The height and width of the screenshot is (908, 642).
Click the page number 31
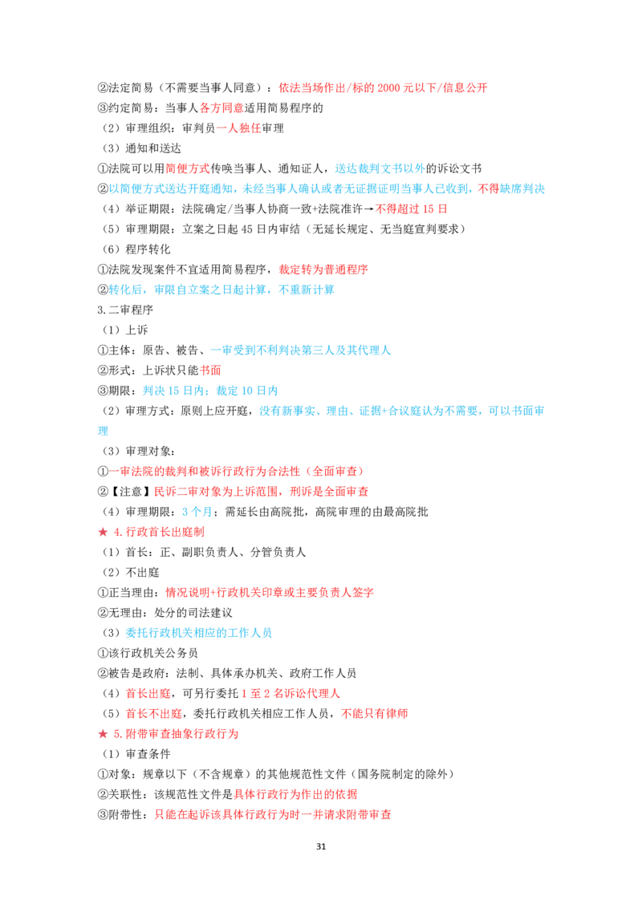click(x=321, y=846)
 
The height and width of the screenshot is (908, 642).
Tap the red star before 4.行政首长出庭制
click(x=104, y=532)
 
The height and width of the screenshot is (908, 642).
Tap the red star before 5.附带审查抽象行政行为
click(x=104, y=734)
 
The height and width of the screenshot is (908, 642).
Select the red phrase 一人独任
click(x=238, y=128)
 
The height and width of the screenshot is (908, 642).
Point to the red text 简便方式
click(x=188, y=168)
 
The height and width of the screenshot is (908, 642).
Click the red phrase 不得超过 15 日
click(x=412, y=209)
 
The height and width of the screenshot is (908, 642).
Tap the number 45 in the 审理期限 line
click(x=246, y=229)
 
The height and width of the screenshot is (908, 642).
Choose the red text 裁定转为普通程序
click(x=323, y=270)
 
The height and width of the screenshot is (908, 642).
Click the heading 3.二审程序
click(x=125, y=310)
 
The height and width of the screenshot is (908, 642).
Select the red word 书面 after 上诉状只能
click(x=210, y=370)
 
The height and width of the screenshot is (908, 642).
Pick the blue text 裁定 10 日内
click(x=247, y=391)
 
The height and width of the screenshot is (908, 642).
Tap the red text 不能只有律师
click(x=375, y=713)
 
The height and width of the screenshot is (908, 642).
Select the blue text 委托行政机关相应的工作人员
click(x=199, y=632)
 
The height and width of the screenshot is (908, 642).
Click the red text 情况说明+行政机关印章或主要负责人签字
click(x=270, y=593)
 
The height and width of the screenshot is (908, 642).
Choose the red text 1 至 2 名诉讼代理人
click(x=291, y=693)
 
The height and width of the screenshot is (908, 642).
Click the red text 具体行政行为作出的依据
click(x=295, y=794)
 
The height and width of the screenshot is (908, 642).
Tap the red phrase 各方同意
click(x=221, y=107)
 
